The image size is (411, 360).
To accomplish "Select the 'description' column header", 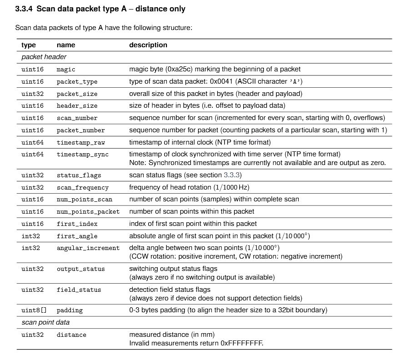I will point(148,45).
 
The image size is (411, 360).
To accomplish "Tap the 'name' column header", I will point(66,45).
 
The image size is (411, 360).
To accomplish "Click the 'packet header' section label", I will point(44,57).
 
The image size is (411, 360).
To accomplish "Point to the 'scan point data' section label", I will point(45,322).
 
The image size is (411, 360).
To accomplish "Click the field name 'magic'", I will point(66,69).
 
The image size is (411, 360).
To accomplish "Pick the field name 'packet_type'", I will point(77,81).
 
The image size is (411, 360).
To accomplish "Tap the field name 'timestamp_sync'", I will point(82,154).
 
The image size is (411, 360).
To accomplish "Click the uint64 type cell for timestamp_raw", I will point(32,142).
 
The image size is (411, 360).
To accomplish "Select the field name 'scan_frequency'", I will point(82,187).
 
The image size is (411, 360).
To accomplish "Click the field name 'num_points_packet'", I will point(88,211).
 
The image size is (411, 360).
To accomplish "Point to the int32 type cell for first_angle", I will point(30,236).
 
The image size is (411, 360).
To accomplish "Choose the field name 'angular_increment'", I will point(88,248).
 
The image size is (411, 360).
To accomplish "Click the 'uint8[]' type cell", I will point(34,310).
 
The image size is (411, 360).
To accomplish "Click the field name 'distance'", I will point(71,335).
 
